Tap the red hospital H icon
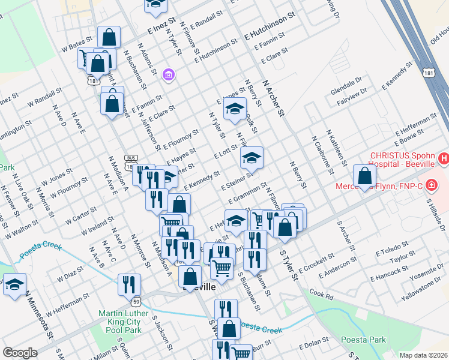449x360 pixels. pyautogui.click(x=444, y=159)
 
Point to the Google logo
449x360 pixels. pyautogui.click(x=19, y=353)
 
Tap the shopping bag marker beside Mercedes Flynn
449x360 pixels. pyautogui.click(x=364, y=176)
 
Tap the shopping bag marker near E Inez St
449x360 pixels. pyautogui.click(x=109, y=37)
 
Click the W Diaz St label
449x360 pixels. pyautogui.click(x=70, y=275)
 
